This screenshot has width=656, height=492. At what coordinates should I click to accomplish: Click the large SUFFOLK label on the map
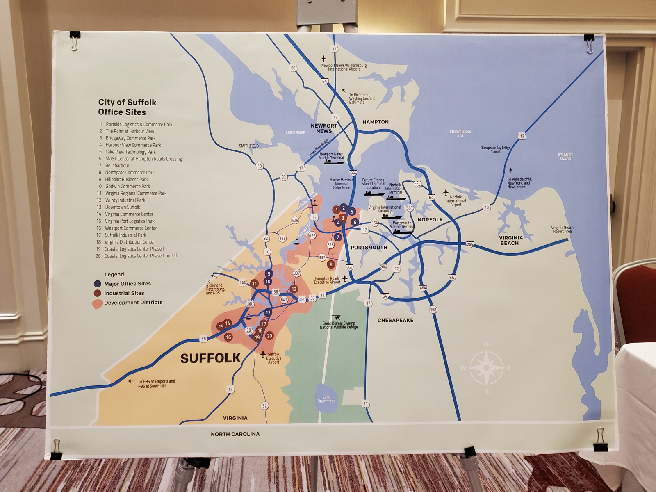click(210, 358)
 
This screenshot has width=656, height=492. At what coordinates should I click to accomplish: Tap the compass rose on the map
click(486, 367)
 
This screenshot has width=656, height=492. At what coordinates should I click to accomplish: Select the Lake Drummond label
click(326, 399)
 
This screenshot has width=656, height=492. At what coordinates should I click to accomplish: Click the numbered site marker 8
click(331, 264)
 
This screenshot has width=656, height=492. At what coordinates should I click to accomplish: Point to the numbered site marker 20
click(269, 336)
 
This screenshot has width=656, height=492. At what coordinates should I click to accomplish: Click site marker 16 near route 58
click(228, 337)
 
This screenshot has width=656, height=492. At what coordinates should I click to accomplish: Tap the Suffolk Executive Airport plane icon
click(263, 354)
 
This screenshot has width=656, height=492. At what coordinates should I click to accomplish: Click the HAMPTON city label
click(375, 122)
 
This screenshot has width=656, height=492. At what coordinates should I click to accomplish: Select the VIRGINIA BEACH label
click(510, 240)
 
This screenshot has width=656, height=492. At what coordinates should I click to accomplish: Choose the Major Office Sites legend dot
click(97, 284)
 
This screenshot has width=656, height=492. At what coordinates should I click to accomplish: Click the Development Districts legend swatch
click(97, 304)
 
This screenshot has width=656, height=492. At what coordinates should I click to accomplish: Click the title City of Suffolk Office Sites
click(127, 107)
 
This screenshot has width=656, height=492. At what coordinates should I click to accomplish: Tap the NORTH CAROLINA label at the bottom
click(235, 434)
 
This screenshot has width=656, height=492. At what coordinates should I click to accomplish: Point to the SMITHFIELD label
click(249, 146)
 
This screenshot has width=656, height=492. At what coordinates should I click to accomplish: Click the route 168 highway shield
click(433, 310)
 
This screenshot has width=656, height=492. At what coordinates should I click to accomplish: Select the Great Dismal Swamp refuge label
click(339, 325)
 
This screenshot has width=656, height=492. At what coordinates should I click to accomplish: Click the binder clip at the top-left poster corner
click(74, 40)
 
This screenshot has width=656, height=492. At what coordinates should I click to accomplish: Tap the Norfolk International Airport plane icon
click(446, 192)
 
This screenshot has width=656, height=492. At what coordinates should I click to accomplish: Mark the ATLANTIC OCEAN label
click(565, 157)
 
